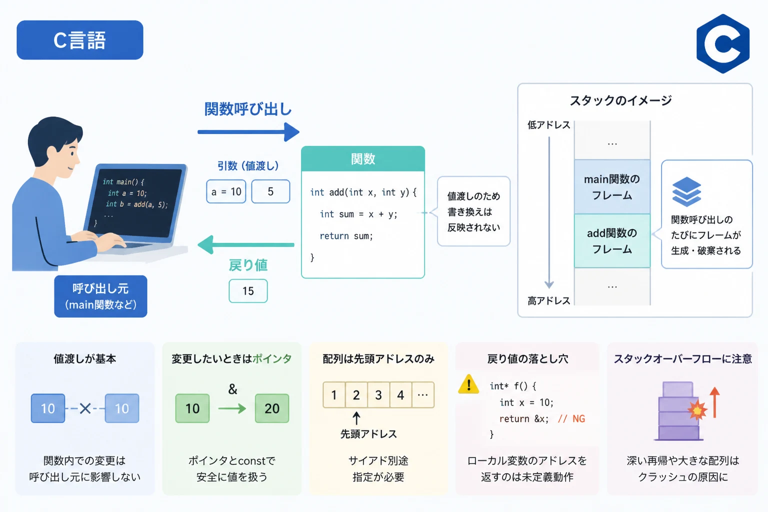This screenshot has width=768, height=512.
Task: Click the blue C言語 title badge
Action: pos(80,40)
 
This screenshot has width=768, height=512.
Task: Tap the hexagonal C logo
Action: pos(722,44)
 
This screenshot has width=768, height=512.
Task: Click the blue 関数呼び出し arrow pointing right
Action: pos(248,132)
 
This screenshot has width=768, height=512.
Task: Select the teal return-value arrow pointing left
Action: pos(246,244)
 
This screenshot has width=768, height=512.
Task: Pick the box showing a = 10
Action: pos(226,191)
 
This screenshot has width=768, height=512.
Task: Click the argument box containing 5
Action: pos(270,191)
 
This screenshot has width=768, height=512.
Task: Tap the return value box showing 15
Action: pos(248,291)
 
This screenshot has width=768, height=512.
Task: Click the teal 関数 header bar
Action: pos(362,159)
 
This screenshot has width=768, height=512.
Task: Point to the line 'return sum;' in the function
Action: pos(346,236)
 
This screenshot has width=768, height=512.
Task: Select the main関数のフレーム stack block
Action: pos(612,186)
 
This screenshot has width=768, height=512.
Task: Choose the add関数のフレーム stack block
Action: pos(612,240)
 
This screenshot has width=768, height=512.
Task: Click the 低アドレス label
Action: pos(548,125)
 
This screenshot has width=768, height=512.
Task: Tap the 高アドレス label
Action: pos(548,301)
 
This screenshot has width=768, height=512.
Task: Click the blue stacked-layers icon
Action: pos(686,191)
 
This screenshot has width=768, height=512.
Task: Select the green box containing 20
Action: pos(272,408)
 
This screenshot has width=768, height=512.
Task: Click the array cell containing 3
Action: pos(378,395)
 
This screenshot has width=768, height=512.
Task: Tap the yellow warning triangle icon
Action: pos(468,384)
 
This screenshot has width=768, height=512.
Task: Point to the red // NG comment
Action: pos(571,418)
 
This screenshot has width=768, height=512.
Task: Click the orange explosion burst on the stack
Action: pos(697,409)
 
